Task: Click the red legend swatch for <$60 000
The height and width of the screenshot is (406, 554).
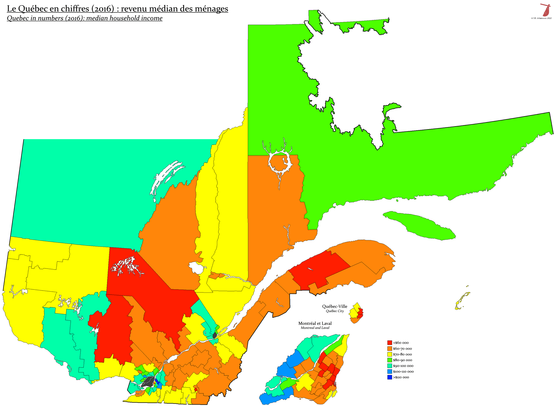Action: pos(390,342)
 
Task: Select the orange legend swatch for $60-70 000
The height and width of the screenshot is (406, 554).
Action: pos(390,348)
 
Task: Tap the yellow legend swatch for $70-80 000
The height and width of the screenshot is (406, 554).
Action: pos(390,354)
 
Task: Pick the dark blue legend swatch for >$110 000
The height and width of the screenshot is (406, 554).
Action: pos(390,377)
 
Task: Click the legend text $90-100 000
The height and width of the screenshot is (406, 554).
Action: pos(403,366)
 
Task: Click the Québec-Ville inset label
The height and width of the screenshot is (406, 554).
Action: pos(335,307)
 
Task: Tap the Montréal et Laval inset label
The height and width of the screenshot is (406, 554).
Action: pos(315,323)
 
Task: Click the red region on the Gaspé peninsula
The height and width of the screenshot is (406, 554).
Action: pos(319,269)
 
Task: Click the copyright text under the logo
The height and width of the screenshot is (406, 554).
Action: pos(541,18)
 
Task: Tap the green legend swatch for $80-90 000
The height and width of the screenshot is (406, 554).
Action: pos(390,360)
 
